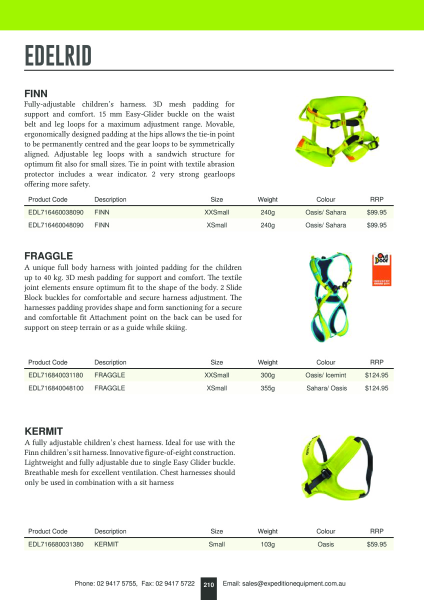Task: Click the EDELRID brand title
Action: click(x=58, y=55)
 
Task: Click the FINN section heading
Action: click(x=36, y=93)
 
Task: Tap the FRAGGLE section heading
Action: click(x=48, y=256)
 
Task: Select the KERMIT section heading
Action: click(x=43, y=431)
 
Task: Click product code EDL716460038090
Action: click(x=56, y=212)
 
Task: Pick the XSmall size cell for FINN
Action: click(x=216, y=225)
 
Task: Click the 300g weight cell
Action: click(x=267, y=375)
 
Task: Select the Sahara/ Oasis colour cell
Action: click(x=326, y=388)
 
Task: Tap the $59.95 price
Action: click(x=376, y=544)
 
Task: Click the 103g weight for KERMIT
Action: click(x=267, y=544)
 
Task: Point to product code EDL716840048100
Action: click(x=56, y=388)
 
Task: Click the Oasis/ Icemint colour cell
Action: click(x=325, y=375)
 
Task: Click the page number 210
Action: click(x=208, y=584)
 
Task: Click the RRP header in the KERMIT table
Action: click(x=376, y=531)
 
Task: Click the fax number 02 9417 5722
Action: click(x=175, y=583)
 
